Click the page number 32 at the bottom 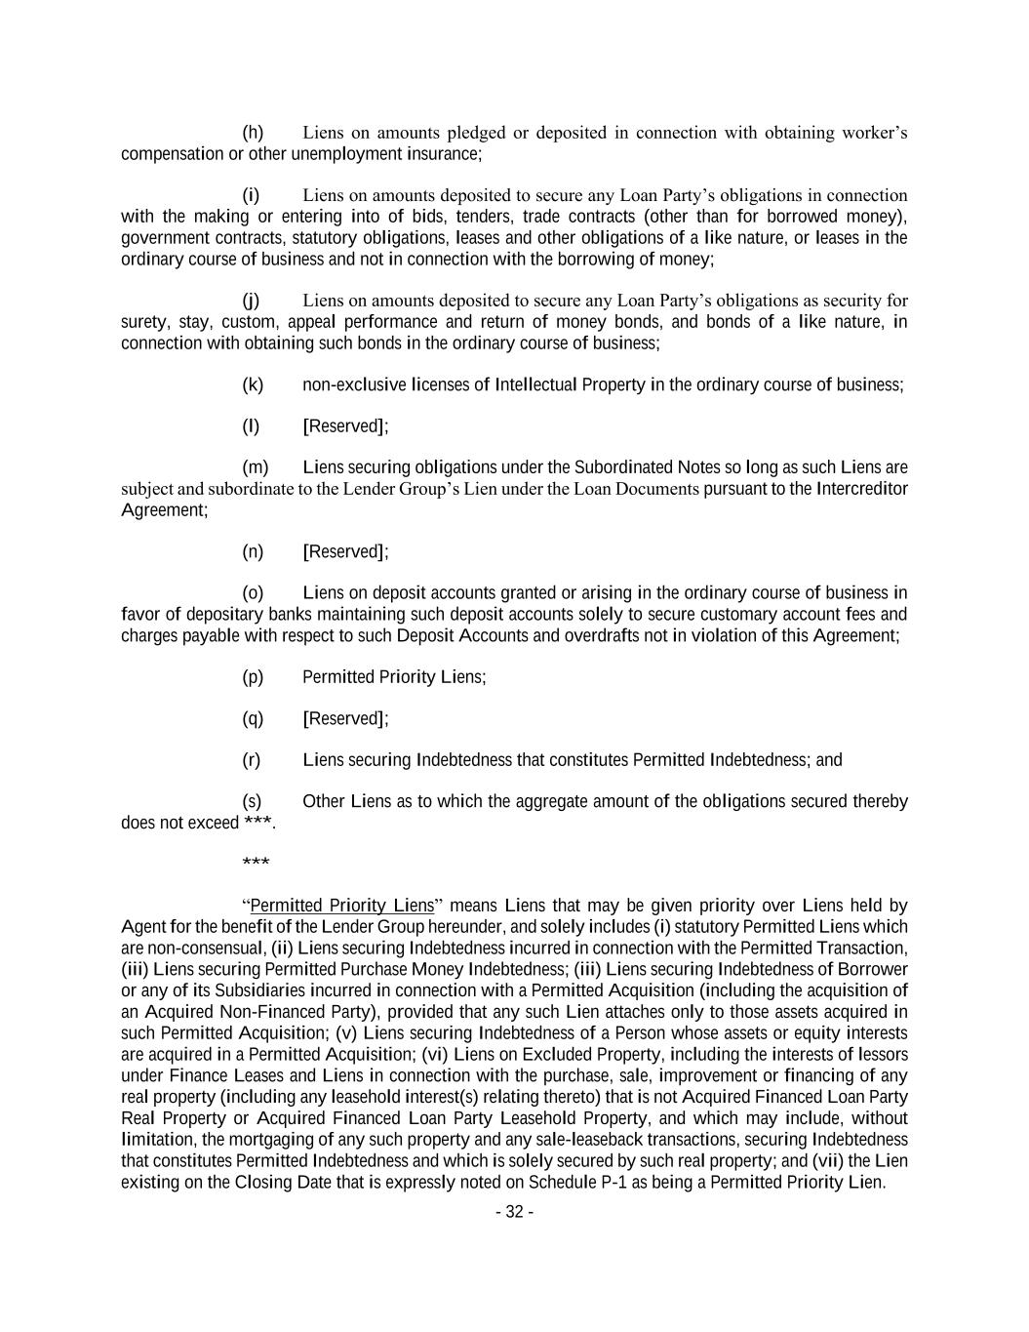pyautogui.click(x=514, y=1212)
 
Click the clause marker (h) pyautogui.click(x=253, y=133)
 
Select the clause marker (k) pyautogui.click(x=253, y=384)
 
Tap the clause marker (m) pyautogui.click(x=255, y=467)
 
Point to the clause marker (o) pyautogui.click(x=253, y=593)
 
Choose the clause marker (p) pyautogui.click(x=253, y=677)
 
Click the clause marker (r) pyautogui.click(x=252, y=760)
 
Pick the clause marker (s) pyautogui.click(x=253, y=802)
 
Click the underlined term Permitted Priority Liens pyautogui.click(x=341, y=906)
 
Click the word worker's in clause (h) pyautogui.click(x=874, y=133)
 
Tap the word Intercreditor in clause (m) pyautogui.click(x=861, y=489)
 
